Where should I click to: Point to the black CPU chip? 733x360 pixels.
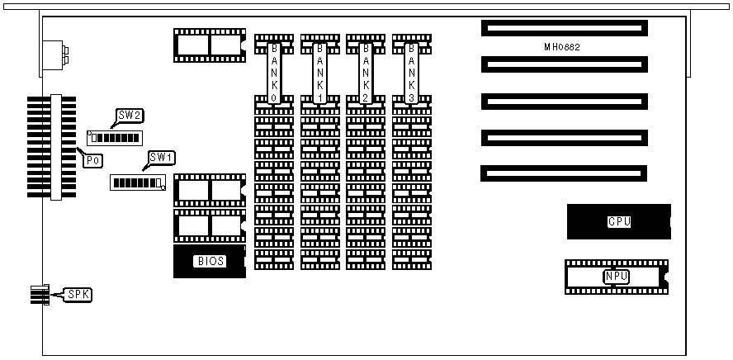click(x=618, y=221)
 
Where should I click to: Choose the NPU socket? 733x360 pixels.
click(x=616, y=277)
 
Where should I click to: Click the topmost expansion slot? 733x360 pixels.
click(x=565, y=28)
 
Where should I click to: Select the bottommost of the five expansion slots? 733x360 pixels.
click(x=565, y=174)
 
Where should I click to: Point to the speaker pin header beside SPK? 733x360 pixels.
click(x=37, y=294)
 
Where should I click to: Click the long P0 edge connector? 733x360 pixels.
click(x=56, y=147)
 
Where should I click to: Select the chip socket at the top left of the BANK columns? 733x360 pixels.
click(x=210, y=45)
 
